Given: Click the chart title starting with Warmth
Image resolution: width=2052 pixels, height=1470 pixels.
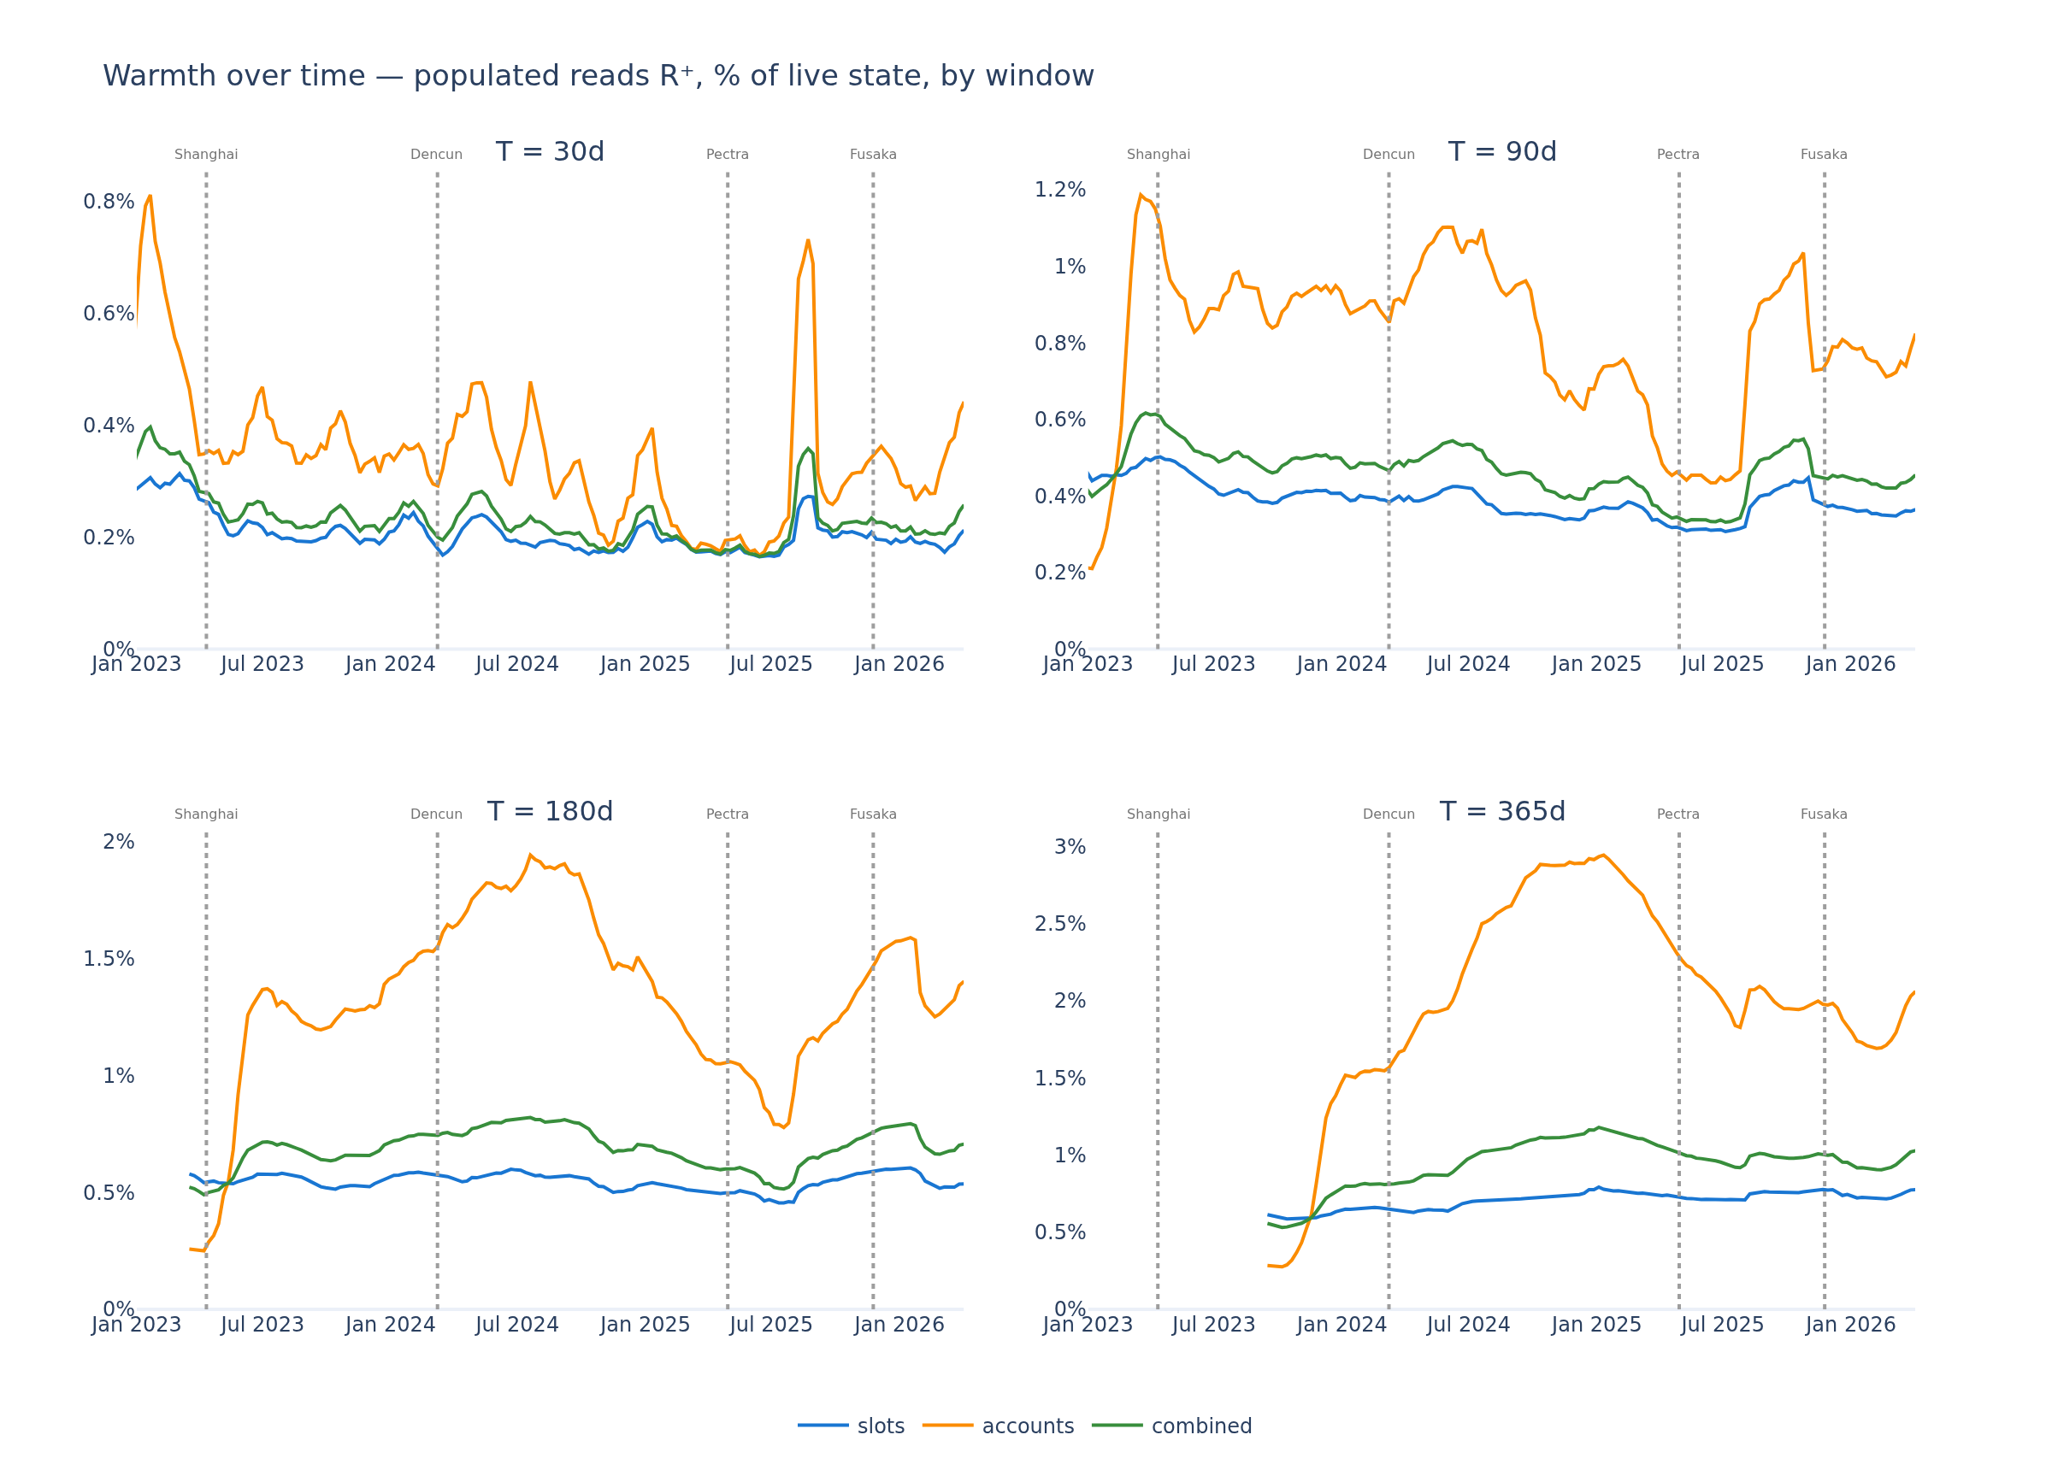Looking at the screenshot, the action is point(598,76).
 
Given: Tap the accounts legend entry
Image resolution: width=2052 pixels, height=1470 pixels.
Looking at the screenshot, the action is point(998,1426).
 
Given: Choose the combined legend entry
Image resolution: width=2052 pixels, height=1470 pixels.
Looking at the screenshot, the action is point(1172,1426).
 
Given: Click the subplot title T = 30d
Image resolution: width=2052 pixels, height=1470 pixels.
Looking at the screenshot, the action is point(550,152).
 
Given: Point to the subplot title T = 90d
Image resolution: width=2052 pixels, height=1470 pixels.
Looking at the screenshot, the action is point(1502,152).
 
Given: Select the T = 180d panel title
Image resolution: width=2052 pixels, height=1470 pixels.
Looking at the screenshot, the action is point(550,811).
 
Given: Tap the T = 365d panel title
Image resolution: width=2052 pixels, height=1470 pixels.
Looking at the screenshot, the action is point(1502,811).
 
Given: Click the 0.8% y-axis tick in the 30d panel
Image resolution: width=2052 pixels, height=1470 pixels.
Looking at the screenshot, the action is point(109,202).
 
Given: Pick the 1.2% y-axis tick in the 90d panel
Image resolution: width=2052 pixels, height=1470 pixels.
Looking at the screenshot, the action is point(1060,190).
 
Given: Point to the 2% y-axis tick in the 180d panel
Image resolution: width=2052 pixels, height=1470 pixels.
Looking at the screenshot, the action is point(119,842).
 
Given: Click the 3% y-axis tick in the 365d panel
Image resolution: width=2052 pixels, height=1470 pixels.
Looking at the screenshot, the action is point(1070,847).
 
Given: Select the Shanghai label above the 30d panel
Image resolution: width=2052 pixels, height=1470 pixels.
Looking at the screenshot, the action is point(206,155).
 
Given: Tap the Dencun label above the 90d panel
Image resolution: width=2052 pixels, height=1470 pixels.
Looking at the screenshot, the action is point(1389,155).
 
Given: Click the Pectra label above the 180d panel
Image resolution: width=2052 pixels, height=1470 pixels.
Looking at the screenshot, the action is point(728,814).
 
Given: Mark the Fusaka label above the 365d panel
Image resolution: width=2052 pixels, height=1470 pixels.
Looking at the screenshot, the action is point(1824,814).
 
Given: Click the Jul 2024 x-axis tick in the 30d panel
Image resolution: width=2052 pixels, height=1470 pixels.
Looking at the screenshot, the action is point(517,665).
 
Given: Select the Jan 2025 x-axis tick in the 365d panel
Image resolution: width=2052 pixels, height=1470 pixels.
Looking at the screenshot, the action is point(1596,1325).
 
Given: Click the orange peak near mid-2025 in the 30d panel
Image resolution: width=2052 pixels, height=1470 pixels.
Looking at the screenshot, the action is point(808,241).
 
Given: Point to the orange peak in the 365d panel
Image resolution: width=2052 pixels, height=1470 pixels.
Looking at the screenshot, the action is point(1602,855).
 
